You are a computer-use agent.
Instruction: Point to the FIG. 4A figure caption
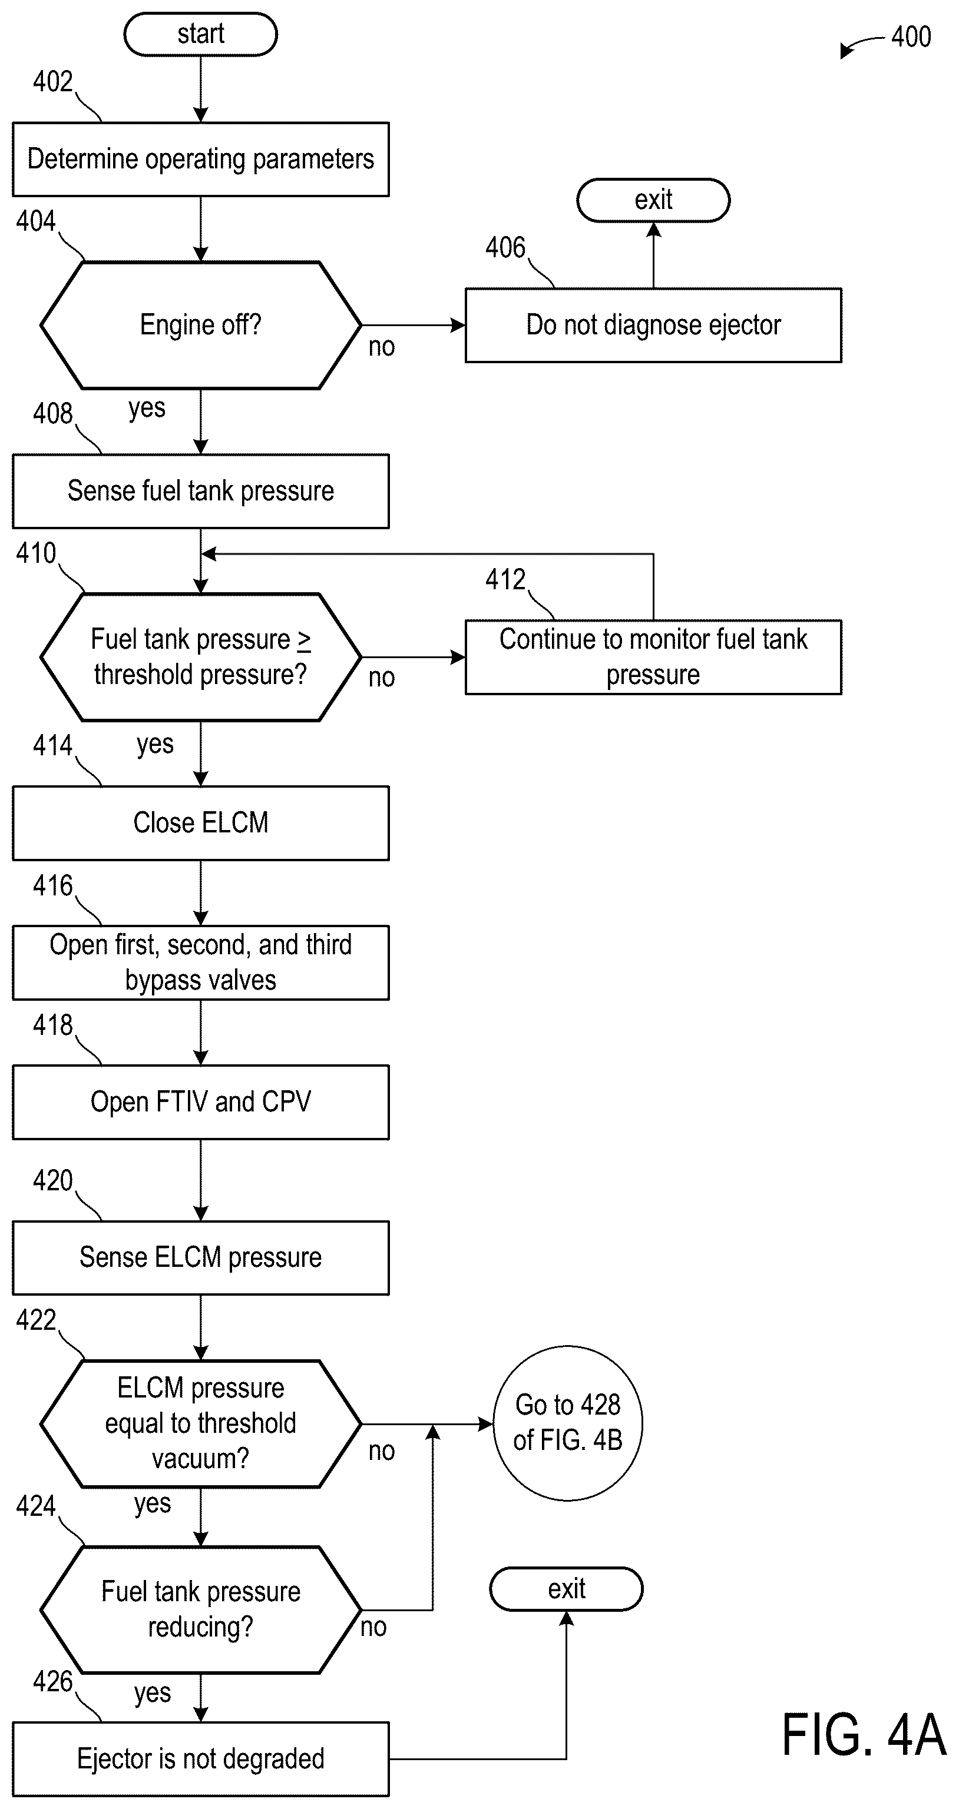[864, 1735]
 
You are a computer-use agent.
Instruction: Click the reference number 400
[911, 36]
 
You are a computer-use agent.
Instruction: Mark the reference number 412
[505, 579]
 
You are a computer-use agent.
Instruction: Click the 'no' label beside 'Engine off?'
[382, 346]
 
